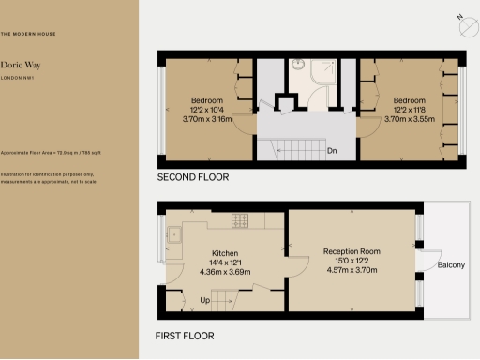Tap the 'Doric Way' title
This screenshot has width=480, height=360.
(x=19, y=66)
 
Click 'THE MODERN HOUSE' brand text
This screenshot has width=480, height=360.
(x=27, y=34)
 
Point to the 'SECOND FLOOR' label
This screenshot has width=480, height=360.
(x=192, y=177)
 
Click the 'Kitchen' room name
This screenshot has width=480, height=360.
(x=224, y=254)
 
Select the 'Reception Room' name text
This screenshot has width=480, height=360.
(x=352, y=251)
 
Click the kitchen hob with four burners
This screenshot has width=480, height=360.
(x=239, y=220)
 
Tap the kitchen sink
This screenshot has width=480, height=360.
(x=174, y=237)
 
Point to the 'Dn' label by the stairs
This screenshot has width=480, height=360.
(x=332, y=150)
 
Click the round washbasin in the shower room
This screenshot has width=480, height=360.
(x=297, y=66)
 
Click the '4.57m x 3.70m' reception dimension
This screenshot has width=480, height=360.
(x=352, y=271)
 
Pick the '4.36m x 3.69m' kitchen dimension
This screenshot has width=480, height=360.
(x=224, y=273)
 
